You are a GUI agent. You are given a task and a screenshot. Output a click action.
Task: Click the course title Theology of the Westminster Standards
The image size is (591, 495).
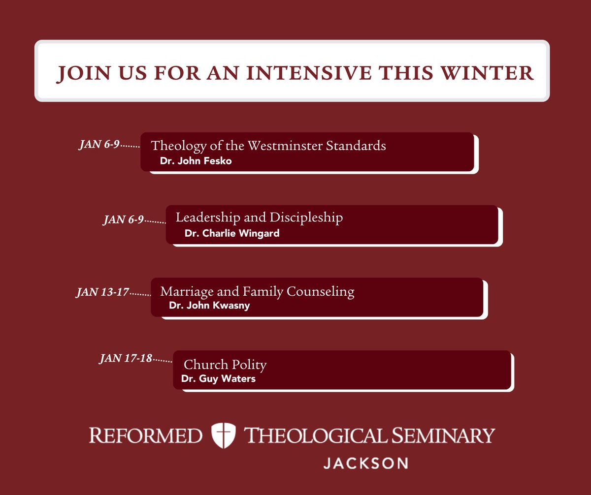coord(268,146)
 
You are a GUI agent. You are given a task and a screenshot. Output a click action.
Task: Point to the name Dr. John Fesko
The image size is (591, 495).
coord(196,161)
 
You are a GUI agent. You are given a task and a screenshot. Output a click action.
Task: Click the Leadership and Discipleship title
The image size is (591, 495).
coord(259,217)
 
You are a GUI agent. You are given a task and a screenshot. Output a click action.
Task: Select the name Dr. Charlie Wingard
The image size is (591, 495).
coord(232,233)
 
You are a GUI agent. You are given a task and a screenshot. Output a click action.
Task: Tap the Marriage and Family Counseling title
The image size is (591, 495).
coord(257,291)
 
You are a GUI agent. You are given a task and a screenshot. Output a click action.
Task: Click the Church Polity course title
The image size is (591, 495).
coord(225,365)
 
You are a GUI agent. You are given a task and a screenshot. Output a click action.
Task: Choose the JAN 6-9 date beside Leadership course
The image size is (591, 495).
coord(123,219)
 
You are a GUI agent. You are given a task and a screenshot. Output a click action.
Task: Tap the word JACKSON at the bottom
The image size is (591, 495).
coord(365,463)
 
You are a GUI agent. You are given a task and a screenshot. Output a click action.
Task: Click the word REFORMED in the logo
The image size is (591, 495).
coord(146,435)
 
